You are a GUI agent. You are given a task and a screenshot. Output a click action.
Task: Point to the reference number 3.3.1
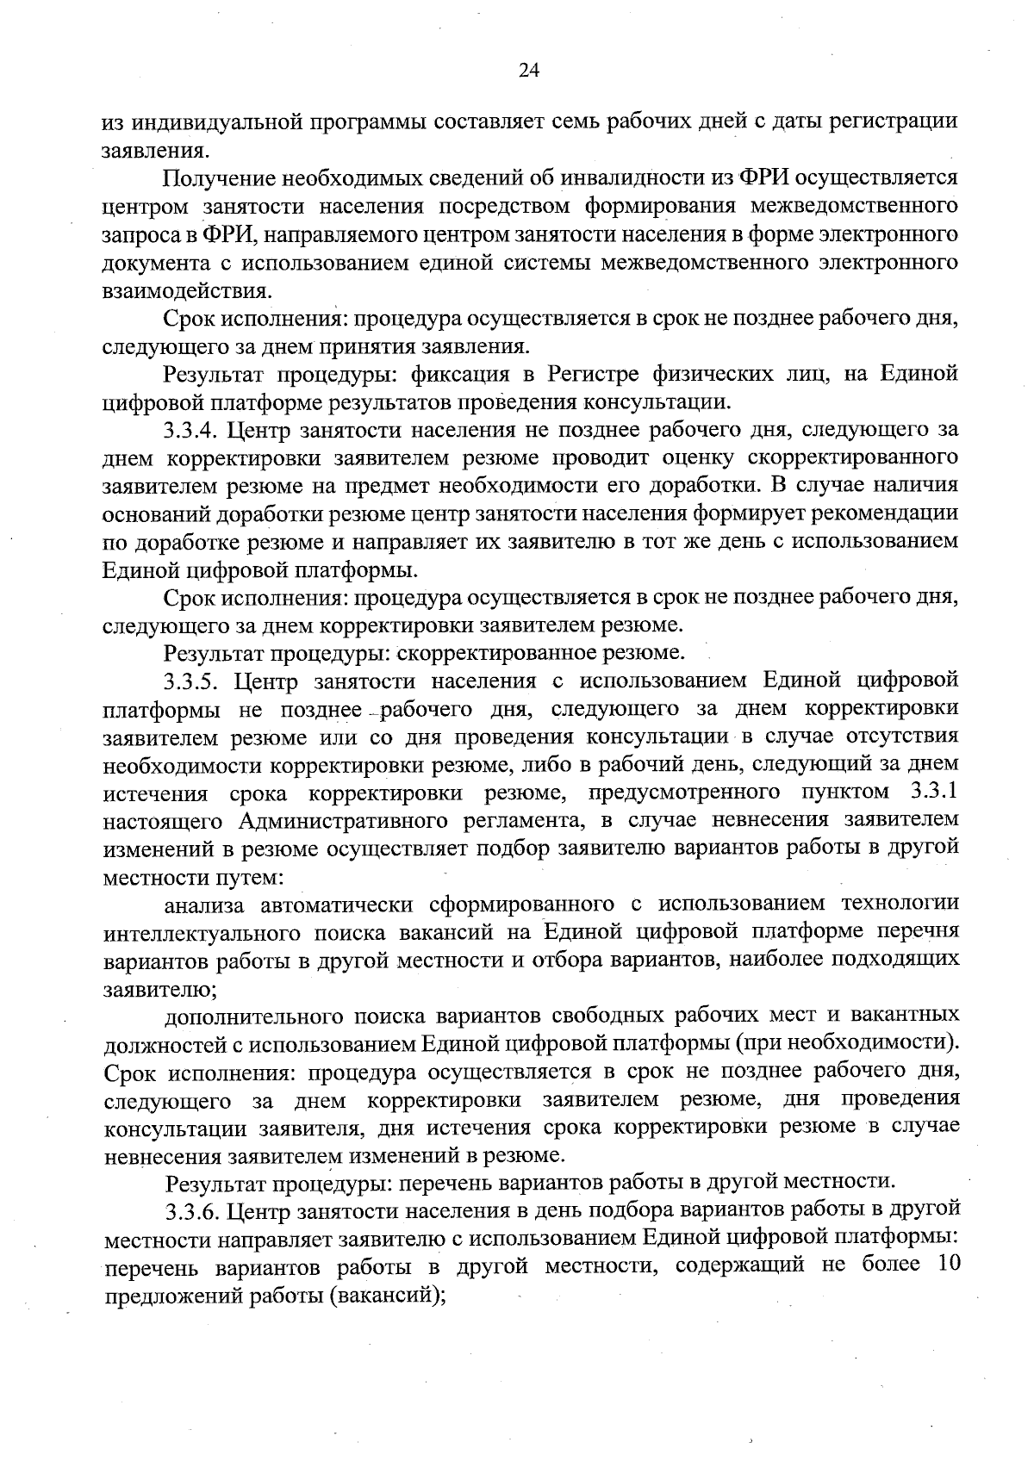[x=933, y=792]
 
